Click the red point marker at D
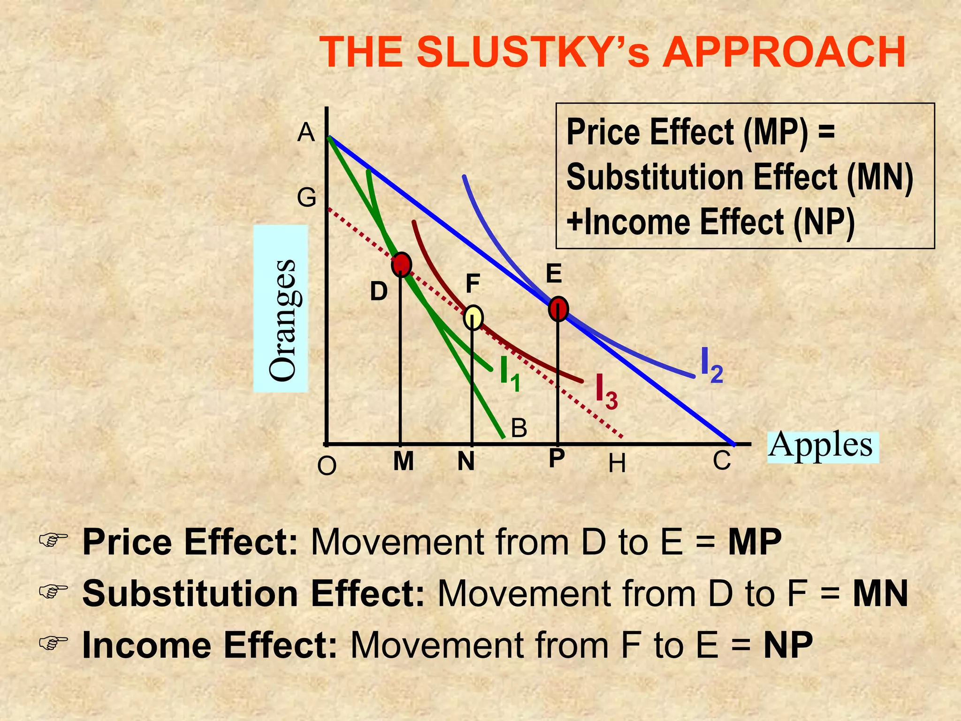401,265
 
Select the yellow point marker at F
473,318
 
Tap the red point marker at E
558,308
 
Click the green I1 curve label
510,374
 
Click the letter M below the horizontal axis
404,461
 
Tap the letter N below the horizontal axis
466,461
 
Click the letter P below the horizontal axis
557,458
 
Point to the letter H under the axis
617,464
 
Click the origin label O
327,467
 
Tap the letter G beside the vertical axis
306,198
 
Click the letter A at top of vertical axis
306,133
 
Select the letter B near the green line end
519,429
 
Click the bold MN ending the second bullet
880,594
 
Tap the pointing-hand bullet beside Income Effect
53,643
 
